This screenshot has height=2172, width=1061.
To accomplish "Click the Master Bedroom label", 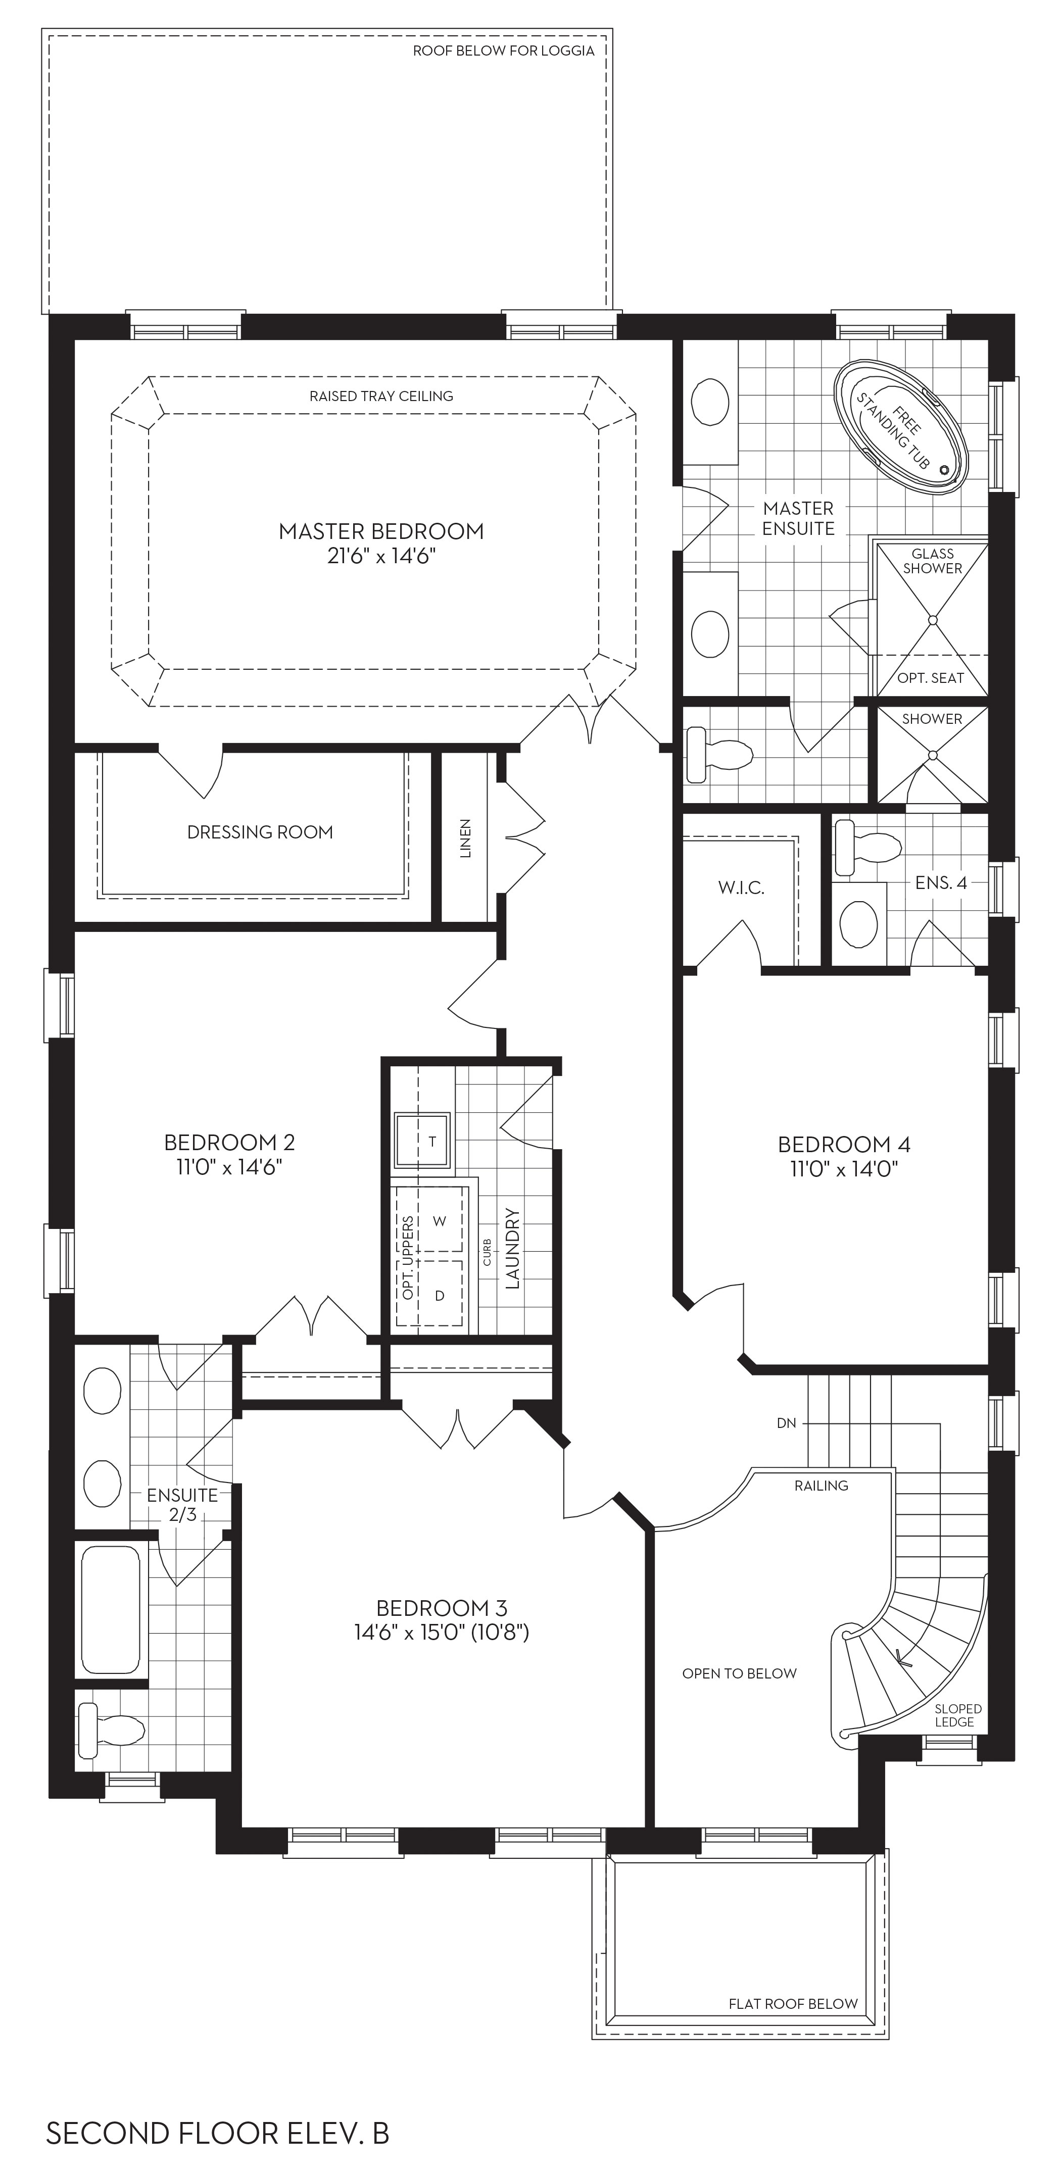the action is [381, 531].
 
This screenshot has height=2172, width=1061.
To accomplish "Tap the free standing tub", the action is [901, 428].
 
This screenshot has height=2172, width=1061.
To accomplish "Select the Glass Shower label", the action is [933, 561].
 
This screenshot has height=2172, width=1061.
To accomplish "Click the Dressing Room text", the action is [260, 832].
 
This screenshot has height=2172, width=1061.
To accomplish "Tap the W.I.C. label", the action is [741, 888].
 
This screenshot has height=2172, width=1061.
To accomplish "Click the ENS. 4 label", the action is [940, 883].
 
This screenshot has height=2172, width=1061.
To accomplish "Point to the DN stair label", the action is [786, 1423].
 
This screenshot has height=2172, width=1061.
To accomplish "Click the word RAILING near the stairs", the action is [821, 1486].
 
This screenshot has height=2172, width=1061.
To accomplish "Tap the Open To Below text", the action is [739, 1673].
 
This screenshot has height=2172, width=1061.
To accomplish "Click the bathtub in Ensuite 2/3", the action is [111, 1610].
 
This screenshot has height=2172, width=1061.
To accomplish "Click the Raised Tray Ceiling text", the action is [381, 397].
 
